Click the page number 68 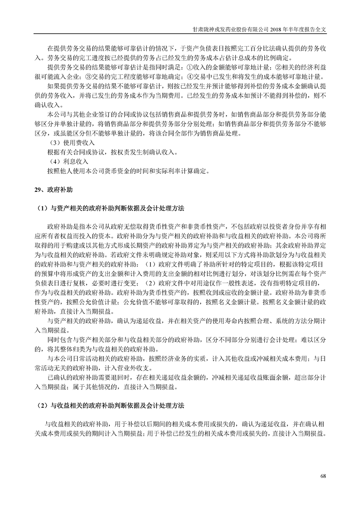pos(323,475)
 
